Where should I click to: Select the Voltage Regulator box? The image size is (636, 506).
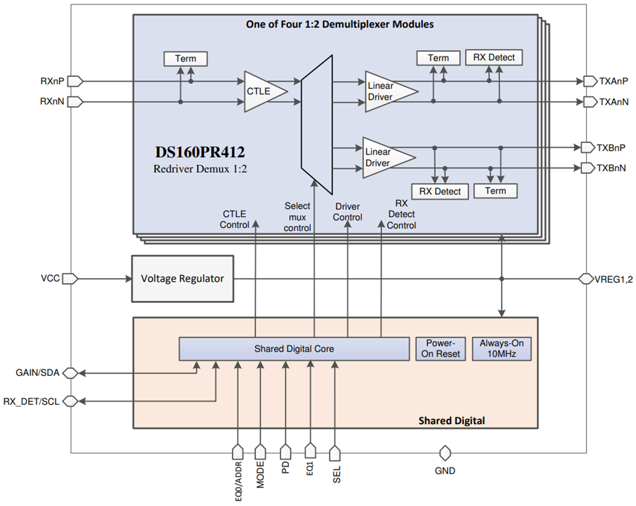(x=182, y=279)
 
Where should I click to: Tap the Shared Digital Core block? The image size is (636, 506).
(x=294, y=349)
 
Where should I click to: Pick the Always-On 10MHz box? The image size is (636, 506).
(x=501, y=349)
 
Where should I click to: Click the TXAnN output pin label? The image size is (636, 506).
(x=613, y=102)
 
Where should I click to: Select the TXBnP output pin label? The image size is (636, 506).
(x=611, y=147)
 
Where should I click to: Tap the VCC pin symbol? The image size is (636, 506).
(x=69, y=279)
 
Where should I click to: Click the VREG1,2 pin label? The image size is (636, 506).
(x=613, y=279)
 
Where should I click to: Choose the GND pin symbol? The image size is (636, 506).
(x=445, y=453)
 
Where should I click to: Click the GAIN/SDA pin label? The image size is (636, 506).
(x=38, y=373)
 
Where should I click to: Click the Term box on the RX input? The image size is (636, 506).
(x=185, y=58)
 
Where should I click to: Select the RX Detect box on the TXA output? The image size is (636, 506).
(x=494, y=57)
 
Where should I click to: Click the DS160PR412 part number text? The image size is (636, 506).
(x=199, y=153)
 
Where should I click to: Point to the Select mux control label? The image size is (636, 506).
(x=297, y=217)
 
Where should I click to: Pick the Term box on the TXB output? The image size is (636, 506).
(x=495, y=191)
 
